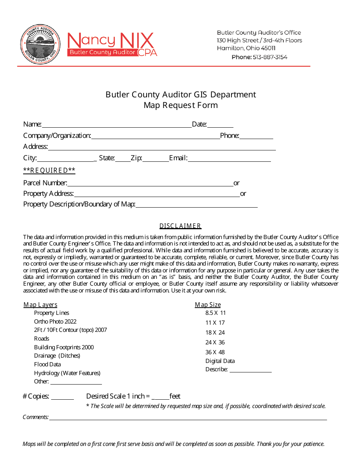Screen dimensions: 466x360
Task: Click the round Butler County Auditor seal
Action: (40, 45)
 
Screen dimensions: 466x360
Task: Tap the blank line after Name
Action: (116, 125)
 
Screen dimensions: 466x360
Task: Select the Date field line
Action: (220, 125)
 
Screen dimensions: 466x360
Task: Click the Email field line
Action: (229, 159)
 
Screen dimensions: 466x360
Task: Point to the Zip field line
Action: (156, 159)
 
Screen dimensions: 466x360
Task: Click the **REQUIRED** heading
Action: (49, 170)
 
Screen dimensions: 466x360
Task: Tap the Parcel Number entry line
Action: (150, 184)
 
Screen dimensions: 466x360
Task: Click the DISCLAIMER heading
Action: (180, 226)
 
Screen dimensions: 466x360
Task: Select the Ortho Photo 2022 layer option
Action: (55, 322)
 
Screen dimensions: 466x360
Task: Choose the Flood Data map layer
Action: (47, 364)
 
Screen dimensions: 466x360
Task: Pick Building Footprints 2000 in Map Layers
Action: (64, 347)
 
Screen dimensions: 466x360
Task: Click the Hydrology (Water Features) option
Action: (67, 373)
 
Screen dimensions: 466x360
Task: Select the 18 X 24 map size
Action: (215, 333)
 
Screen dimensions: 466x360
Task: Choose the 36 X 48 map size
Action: (215, 352)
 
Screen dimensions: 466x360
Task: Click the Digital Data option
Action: (220, 361)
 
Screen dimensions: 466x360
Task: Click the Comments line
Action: (188, 418)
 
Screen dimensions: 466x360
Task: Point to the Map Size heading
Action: (208, 305)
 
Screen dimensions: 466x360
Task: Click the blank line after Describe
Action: (250, 370)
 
